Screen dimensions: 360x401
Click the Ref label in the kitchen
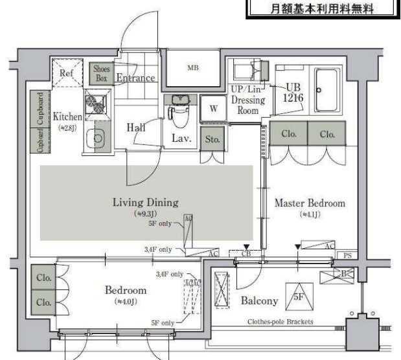click(67, 73)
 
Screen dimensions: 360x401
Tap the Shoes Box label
click(102, 73)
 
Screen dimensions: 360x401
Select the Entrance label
click(135, 78)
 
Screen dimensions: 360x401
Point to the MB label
click(192, 67)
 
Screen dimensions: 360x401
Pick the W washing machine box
click(213, 108)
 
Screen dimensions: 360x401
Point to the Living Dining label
click(146, 201)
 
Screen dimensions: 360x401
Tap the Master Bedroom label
click(310, 203)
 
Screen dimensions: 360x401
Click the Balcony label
click(259, 300)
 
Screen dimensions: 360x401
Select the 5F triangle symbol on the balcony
click(299, 297)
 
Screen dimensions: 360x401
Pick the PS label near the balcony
click(348, 256)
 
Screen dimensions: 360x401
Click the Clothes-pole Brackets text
click(281, 321)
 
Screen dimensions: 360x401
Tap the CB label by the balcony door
click(246, 254)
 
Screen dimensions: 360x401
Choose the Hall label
click(136, 128)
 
